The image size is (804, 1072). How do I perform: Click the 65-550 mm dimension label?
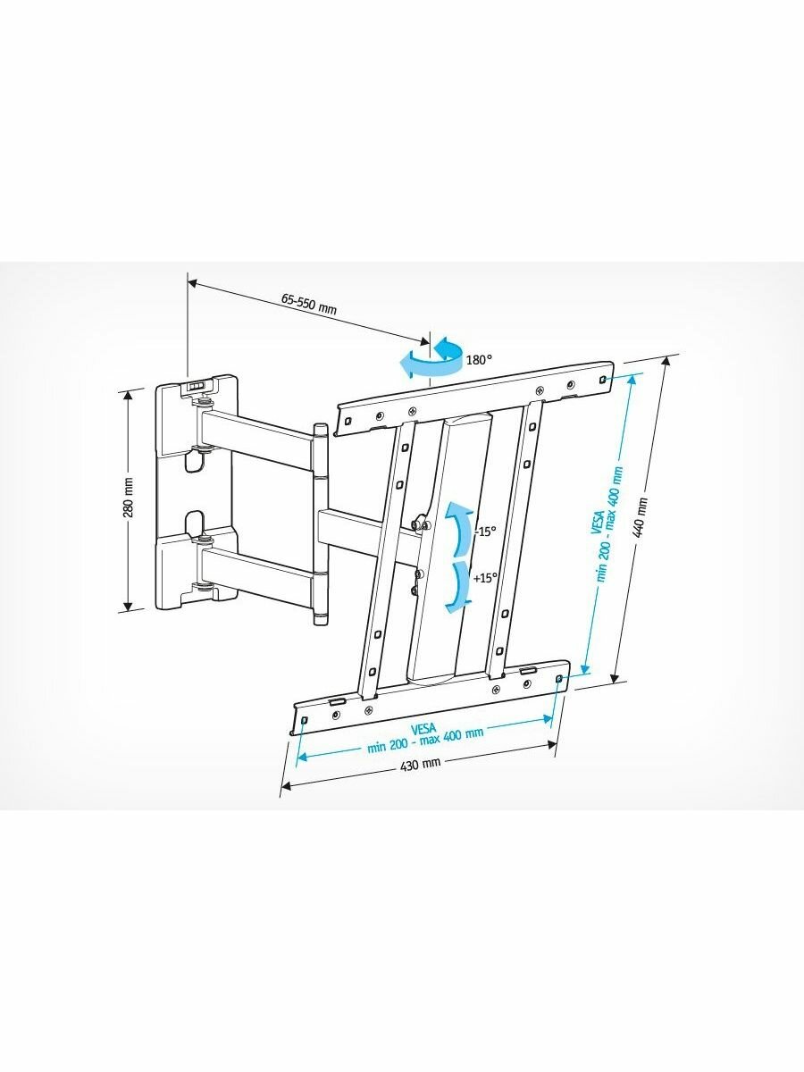[x=308, y=303]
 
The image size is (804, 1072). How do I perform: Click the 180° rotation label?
[x=479, y=360]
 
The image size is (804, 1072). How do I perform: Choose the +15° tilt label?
[x=485, y=578]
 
